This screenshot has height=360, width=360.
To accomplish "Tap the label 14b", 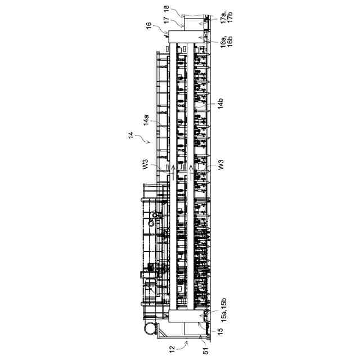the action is pyautogui.click(x=221, y=103).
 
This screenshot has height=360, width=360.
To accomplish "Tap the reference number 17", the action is pyautogui.click(x=166, y=21).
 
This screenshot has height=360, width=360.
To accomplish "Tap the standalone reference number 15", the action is pyautogui.click(x=221, y=332).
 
